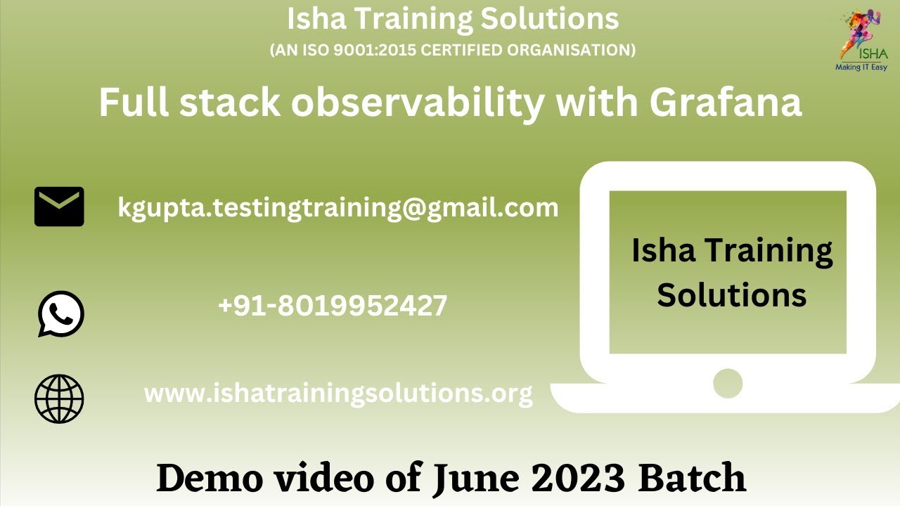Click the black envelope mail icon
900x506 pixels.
59,207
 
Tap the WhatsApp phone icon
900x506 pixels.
60,314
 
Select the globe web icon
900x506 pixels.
59,398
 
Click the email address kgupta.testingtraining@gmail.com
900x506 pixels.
338,207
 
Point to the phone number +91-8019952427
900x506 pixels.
333,306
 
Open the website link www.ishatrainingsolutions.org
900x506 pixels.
338,393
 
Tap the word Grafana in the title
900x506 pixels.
725,103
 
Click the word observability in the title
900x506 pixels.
418,103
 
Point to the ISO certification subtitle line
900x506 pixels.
453,50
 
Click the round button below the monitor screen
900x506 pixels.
728,384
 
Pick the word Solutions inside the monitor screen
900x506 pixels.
731,295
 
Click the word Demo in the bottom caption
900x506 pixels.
204,478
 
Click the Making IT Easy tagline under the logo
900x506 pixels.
861,67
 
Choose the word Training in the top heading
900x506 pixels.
414,19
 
